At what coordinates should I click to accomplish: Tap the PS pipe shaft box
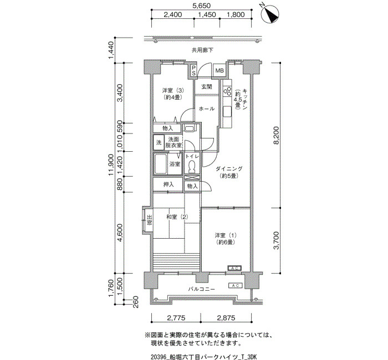click(x=193, y=71)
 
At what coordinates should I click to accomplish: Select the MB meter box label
click(x=219, y=71)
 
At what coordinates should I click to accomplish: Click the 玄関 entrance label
click(x=207, y=87)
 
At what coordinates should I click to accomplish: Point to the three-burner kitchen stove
click(x=227, y=91)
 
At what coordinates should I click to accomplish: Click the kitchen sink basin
click(x=227, y=111)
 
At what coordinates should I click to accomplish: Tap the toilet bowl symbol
click(x=192, y=166)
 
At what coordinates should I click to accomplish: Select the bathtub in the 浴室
click(x=160, y=164)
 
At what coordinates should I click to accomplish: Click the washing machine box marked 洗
click(x=159, y=142)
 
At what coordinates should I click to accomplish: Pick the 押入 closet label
click(x=169, y=184)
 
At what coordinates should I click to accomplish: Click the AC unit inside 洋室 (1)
click(x=234, y=268)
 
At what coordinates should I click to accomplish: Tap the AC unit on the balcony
click(x=236, y=286)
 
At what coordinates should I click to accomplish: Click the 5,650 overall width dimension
click(x=201, y=6)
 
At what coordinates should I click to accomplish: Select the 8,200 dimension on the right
click(x=276, y=135)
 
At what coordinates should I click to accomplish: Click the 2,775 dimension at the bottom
click(x=176, y=318)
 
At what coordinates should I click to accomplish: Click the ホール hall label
click(x=207, y=109)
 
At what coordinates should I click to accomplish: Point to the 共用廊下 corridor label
click(x=202, y=50)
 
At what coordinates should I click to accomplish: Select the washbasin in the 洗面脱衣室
click(x=190, y=128)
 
